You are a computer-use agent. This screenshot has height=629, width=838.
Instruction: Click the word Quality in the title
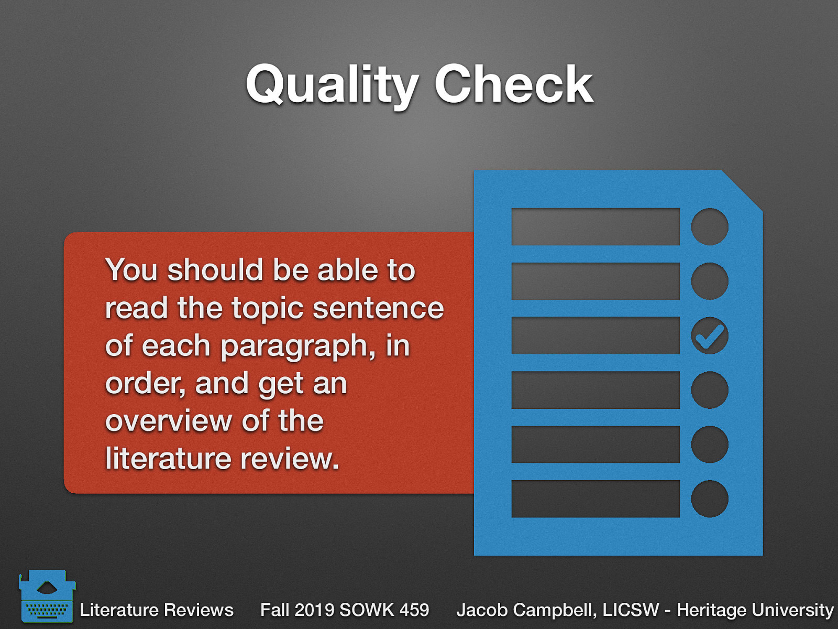pyautogui.click(x=331, y=85)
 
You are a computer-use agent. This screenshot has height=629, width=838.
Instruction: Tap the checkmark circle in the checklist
pyautogui.click(x=709, y=335)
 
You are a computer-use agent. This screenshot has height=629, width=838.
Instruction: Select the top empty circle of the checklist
pyautogui.click(x=709, y=226)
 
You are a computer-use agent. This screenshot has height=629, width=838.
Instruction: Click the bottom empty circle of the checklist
pyautogui.click(x=709, y=498)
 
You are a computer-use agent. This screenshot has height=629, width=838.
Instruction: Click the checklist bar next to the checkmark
pyautogui.click(x=595, y=335)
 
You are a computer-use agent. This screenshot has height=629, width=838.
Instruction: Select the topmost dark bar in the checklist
pyautogui.click(x=595, y=226)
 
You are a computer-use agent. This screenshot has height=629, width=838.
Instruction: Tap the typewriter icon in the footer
pyautogui.click(x=47, y=597)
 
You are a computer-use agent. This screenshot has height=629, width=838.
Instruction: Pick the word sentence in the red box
pyautogui.click(x=378, y=308)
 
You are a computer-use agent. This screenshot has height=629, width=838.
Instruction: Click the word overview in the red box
pyautogui.click(x=169, y=421)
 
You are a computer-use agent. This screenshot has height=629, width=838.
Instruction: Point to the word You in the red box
pyautogui.click(x=131, y=270)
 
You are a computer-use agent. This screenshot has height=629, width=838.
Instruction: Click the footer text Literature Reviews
pyautogui.click(x=156, y=610)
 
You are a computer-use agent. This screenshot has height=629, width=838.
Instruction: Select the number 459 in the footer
pyautogui.click(x=414, y=610)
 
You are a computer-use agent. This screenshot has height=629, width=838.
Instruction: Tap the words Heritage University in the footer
pyautogui.click(x=755, y=610)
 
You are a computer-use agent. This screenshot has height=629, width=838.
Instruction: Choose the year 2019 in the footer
pyautogui.click(x=314, y=610)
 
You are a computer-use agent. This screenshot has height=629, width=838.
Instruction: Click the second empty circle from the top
pyautogui.click(x=709, y=281)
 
